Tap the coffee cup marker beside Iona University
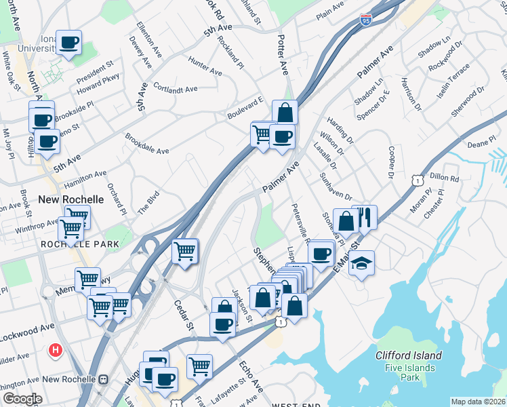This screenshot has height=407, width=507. pos(69,43)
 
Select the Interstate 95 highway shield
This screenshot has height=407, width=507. pos(366,20)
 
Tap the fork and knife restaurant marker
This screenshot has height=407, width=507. pos(364,217)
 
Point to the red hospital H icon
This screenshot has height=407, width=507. pos(56,351)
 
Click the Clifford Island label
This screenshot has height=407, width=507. pos(409,355)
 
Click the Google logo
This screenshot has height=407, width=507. pos(22,399)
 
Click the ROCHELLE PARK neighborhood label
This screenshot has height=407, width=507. pos(79,244)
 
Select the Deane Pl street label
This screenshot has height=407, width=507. pos(482,144)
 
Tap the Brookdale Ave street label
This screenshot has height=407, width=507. pos(146,143)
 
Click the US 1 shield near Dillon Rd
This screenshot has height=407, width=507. pos(419,179)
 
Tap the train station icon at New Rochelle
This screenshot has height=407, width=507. pos(104,379)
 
